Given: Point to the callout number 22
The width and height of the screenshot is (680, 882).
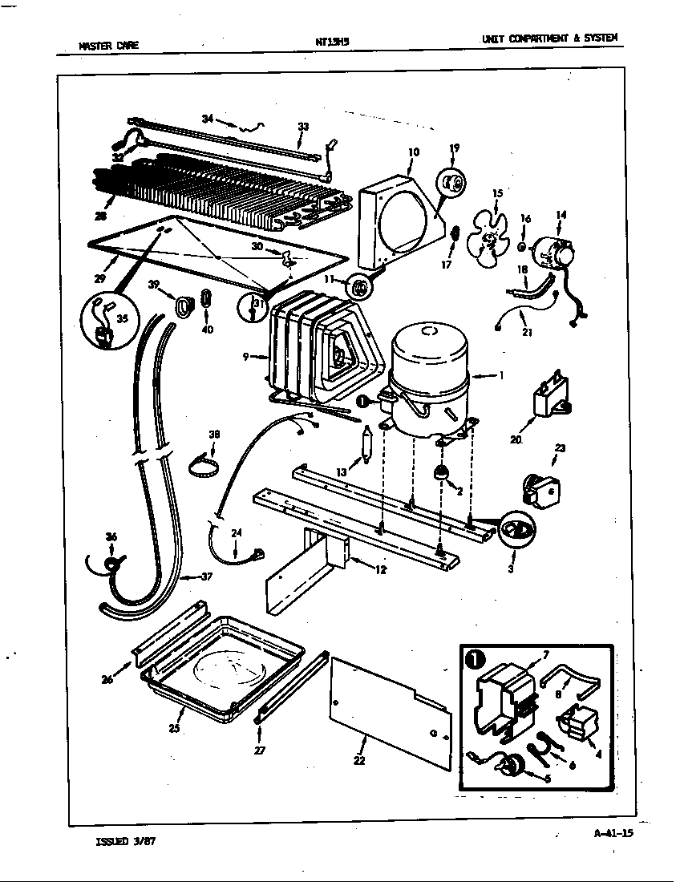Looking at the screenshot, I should pyautogui.click(x=358, y=761).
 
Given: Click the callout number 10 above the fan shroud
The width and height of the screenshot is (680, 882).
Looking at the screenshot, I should pyautogui.click(x=414, y=152).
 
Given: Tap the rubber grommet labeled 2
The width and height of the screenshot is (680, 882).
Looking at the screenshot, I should pyautogui.click(x=440, y=473).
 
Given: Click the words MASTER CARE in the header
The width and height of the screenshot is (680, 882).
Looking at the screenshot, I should pyautogui.click(x=108, y=46).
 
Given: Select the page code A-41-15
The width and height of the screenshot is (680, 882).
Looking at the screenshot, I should pyautogui.click(x=613, y=833).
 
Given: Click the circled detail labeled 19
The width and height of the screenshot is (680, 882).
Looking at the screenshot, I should pyautogui.click(x=454, y=184).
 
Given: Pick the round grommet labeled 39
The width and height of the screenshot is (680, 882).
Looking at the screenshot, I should pyautogui.click(x=185, y=304).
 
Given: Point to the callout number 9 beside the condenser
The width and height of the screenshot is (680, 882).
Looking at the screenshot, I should pyautogui.click(x=246, y=356).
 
